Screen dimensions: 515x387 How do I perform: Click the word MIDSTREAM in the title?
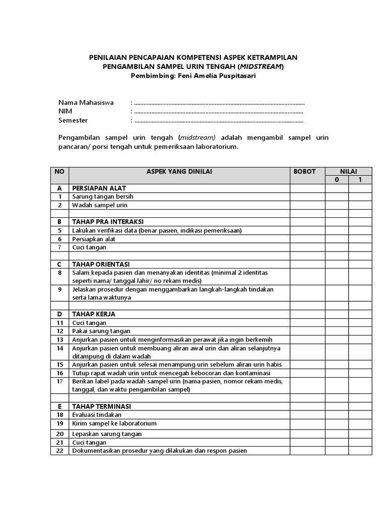point(261,66)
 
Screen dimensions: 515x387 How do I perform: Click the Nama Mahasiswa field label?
point(86,103)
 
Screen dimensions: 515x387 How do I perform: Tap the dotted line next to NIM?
point(219,112)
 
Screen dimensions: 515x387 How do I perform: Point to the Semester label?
point(73,121)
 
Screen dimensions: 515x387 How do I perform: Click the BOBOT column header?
point(304,171)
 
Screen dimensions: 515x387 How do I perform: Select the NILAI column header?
point(348,171)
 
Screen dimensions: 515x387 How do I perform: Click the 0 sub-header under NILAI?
point(337,180)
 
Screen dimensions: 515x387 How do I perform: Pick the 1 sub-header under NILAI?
point(360,180)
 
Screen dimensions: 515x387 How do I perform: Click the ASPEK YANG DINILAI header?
point(179,171)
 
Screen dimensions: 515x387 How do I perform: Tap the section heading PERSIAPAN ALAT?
point(99,188)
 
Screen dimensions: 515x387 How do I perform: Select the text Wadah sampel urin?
point(100,205)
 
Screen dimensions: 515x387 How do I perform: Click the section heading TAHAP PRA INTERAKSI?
point(108,222)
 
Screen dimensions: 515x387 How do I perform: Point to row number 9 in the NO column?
point(59,289)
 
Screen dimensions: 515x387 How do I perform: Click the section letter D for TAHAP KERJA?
point(59,314)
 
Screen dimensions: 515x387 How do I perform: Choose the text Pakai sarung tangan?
point(101,331)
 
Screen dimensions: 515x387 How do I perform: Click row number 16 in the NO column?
point(59,373)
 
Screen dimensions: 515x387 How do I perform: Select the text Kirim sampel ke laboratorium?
point(114,423)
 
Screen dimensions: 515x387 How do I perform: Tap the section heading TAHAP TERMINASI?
point(102,406)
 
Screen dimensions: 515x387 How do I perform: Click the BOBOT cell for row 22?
point(307,451)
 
